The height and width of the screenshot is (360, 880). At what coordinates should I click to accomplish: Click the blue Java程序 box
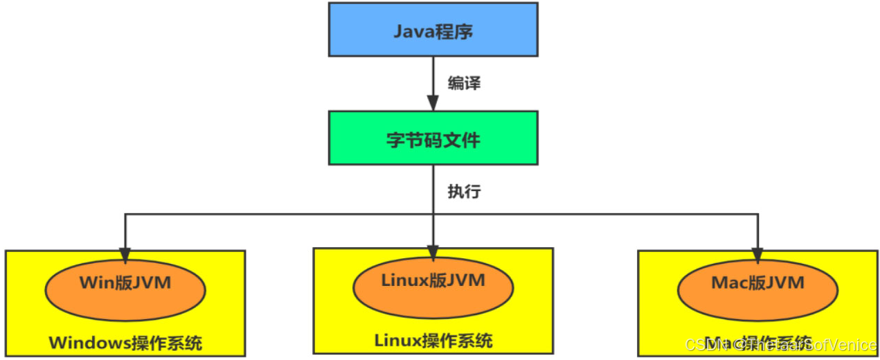point(433,29)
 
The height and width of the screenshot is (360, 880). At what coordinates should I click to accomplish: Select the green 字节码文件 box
point(433,139)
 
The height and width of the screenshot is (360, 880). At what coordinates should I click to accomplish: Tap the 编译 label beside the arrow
point(464,84)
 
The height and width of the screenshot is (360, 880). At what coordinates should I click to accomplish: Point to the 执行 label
point(464,192)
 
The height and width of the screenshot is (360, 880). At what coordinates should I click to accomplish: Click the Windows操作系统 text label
point(125,343)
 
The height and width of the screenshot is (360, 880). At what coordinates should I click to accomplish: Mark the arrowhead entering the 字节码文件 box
point(433,104)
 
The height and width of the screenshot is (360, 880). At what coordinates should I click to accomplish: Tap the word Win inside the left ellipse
point(96,283)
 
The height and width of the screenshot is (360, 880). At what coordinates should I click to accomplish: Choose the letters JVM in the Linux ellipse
point(466,280)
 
